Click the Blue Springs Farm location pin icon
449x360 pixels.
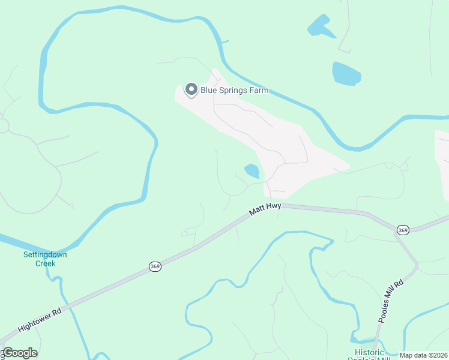pyautogui.click(x=191, y=90)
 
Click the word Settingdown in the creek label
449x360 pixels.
pyautogui.click(x=45, y=254)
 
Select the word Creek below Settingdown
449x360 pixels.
pyautogui.click(x=45, y=263)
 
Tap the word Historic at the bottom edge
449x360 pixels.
pyautogui.click(x=369, y=352)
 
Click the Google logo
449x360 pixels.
pyautogui.click(x=19, y=353)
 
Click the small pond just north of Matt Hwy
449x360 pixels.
pyautogui.click(x=252, y=172)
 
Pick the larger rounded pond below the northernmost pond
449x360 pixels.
pyautogui.click(x=346, y=73)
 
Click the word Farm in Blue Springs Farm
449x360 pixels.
pyautogui.click(x=258, y=91)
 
